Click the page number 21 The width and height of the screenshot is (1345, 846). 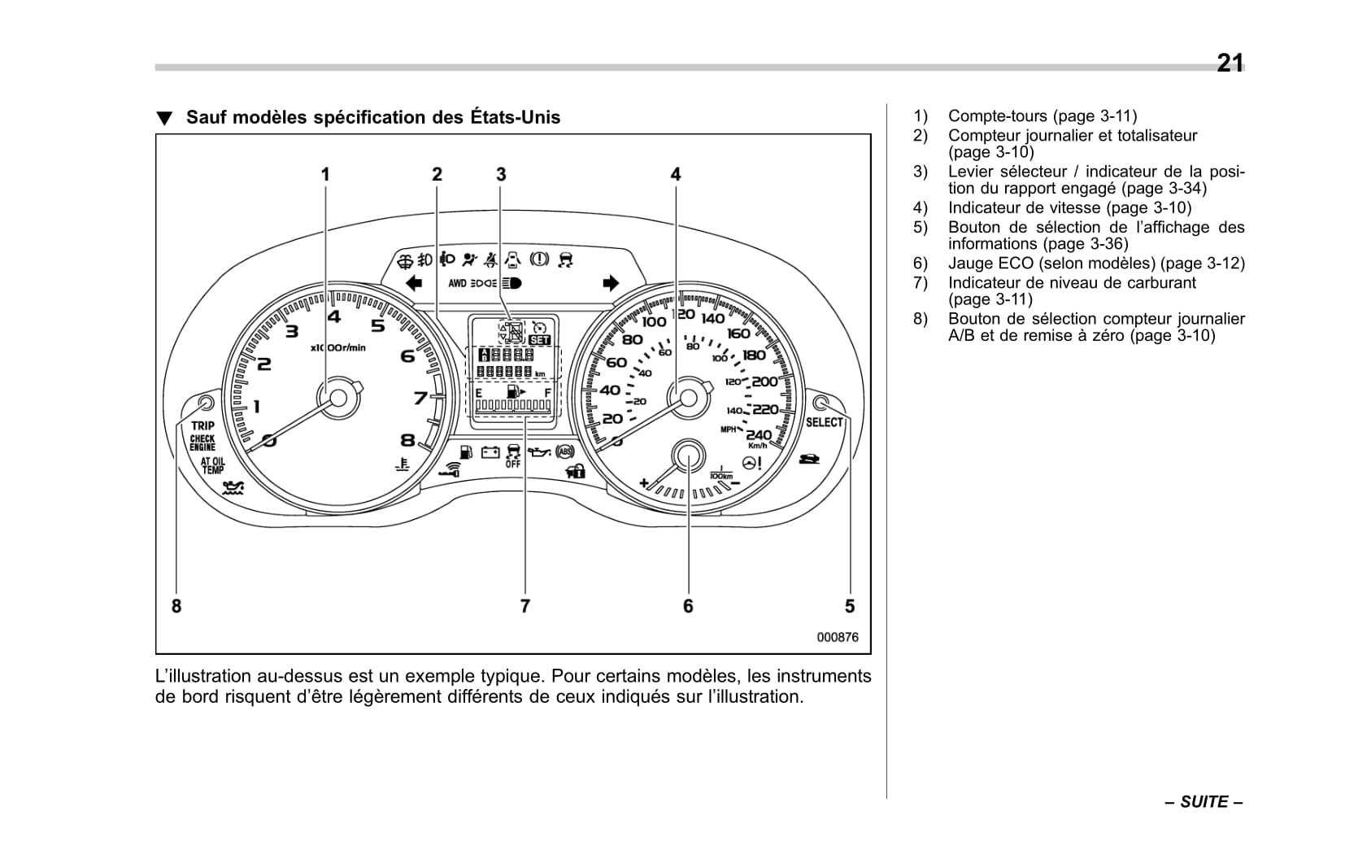[1230, 63]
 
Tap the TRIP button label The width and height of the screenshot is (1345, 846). [202, 425]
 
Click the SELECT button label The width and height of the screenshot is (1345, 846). [824, 422]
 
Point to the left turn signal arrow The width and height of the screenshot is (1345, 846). [414, 283]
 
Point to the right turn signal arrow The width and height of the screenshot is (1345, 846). [610, 283]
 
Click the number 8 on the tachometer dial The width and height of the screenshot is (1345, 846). [407, 440]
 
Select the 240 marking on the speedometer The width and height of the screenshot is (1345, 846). [759, 434]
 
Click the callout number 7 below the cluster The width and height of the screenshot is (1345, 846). [525, 606]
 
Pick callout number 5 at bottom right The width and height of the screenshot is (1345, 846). [850, 606]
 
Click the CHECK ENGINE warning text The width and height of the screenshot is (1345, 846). [202, 443]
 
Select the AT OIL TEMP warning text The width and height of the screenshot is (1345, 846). [212, 465]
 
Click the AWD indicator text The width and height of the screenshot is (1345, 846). [457, 283]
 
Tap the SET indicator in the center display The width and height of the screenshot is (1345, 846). [539, 340]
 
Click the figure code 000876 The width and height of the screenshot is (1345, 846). [838, 638]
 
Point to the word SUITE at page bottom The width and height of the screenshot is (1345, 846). [1204, 802]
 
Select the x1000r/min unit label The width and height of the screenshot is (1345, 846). [338, 347]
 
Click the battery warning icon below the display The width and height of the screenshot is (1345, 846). [490, 452]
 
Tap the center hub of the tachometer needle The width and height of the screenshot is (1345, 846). [337, 398]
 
